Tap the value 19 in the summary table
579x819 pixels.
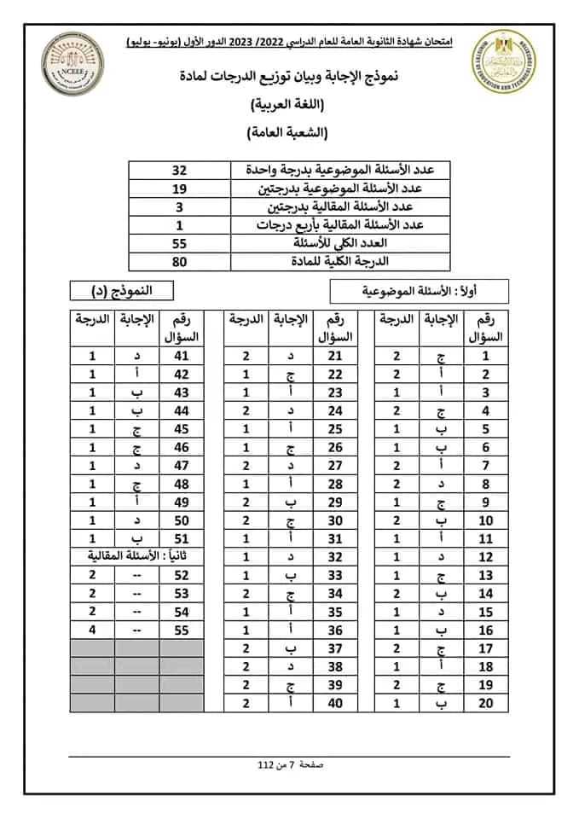(x=190, y=189)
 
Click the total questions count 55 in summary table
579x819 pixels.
(x=190, y=244)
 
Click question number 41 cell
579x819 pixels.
(x=181, y=356)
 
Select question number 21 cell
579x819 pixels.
(x=335, y=356)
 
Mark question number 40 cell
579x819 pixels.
(x=335, y=703)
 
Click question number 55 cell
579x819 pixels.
(x=181, y=630)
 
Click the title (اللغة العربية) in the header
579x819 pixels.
(x=290, y=106)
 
